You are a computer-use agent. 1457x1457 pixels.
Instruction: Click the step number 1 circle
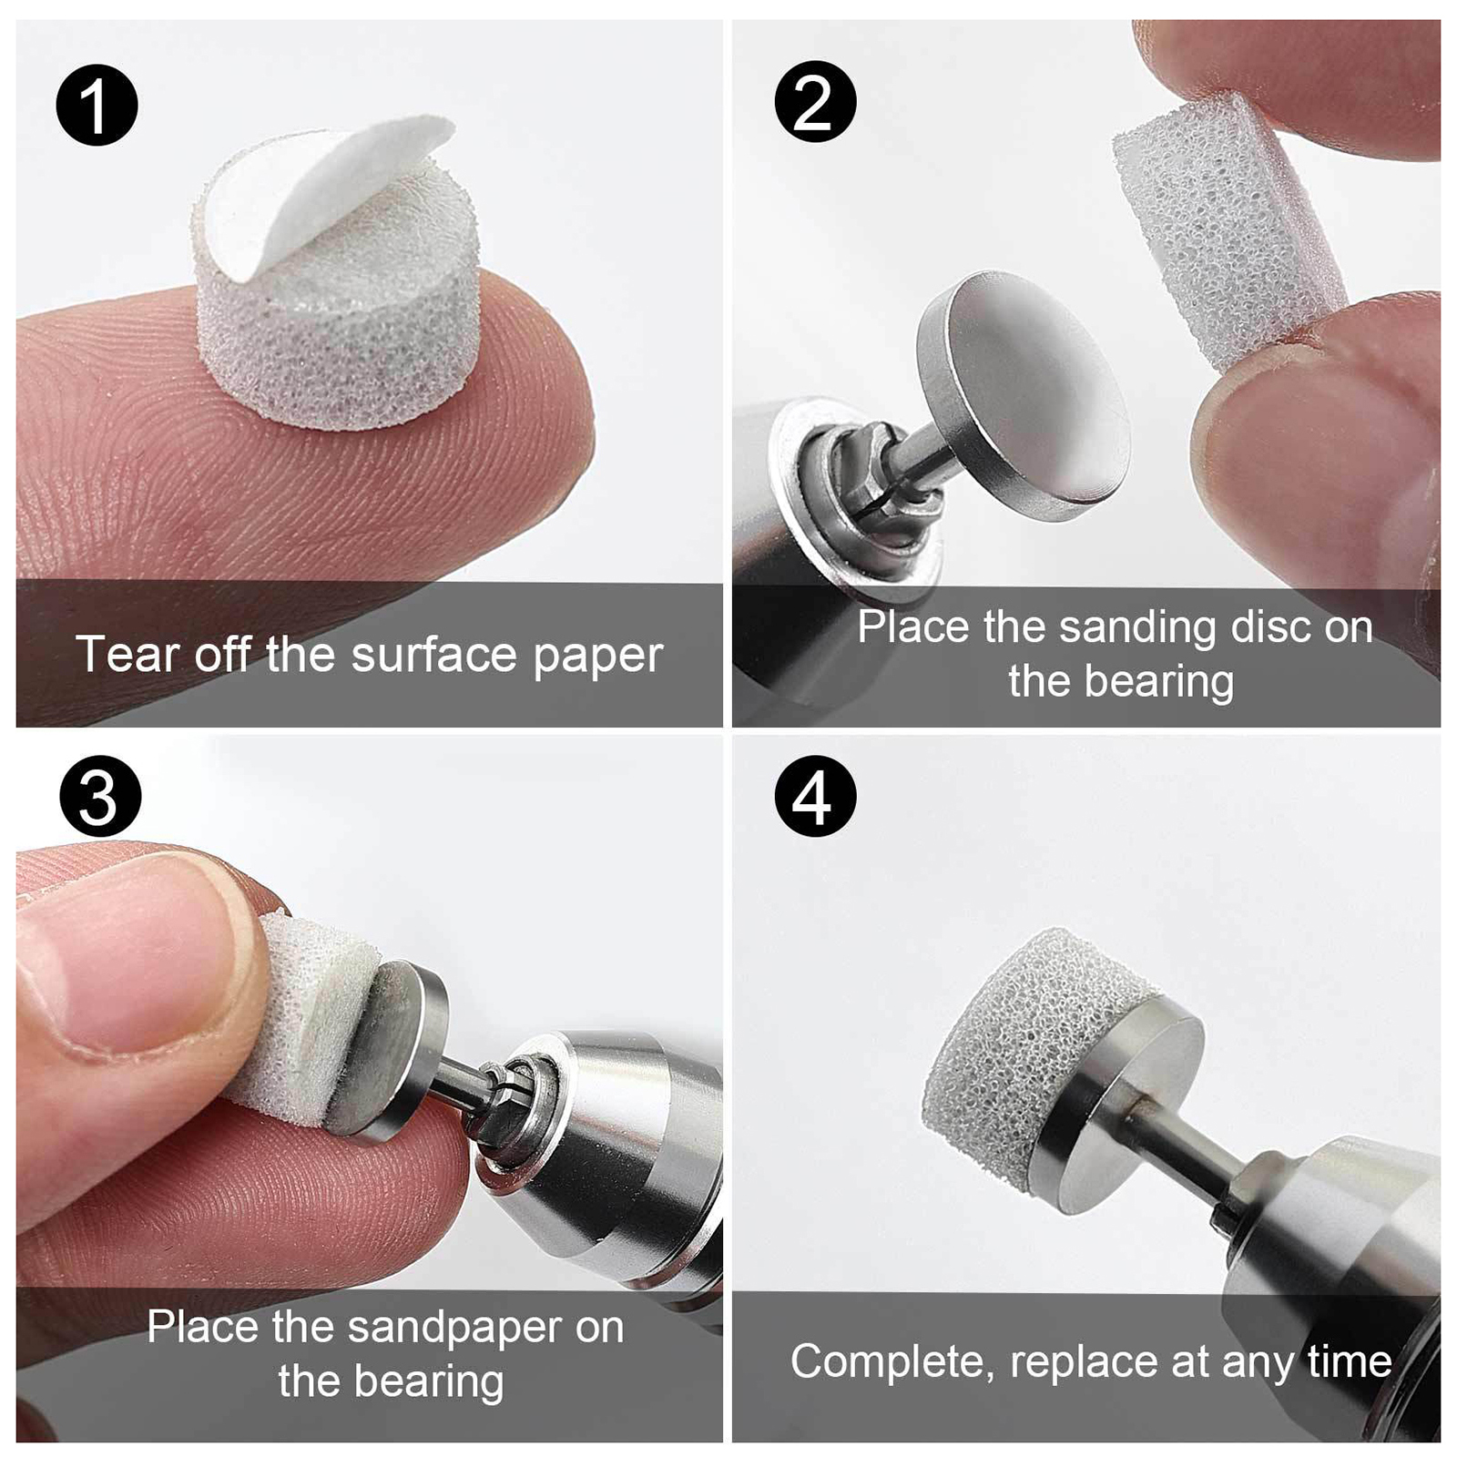[x=97, y=104]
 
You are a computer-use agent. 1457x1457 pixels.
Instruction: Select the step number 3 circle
[x=100, y=796]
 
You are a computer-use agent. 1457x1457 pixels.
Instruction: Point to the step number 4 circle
[x=815, y=796]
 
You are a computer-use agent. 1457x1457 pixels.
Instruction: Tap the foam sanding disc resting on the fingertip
[x=337, y=301]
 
